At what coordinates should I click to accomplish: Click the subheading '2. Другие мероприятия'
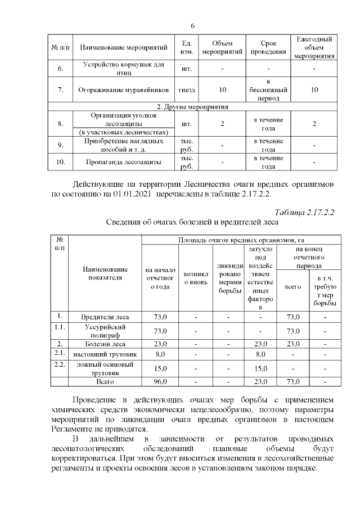point(194,106)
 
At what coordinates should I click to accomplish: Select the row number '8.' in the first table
point(60,123)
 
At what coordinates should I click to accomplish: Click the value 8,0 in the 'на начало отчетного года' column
point(160,354)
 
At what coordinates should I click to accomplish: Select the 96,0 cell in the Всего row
point(160,382)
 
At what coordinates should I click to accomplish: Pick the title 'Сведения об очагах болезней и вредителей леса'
point(193,223)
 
